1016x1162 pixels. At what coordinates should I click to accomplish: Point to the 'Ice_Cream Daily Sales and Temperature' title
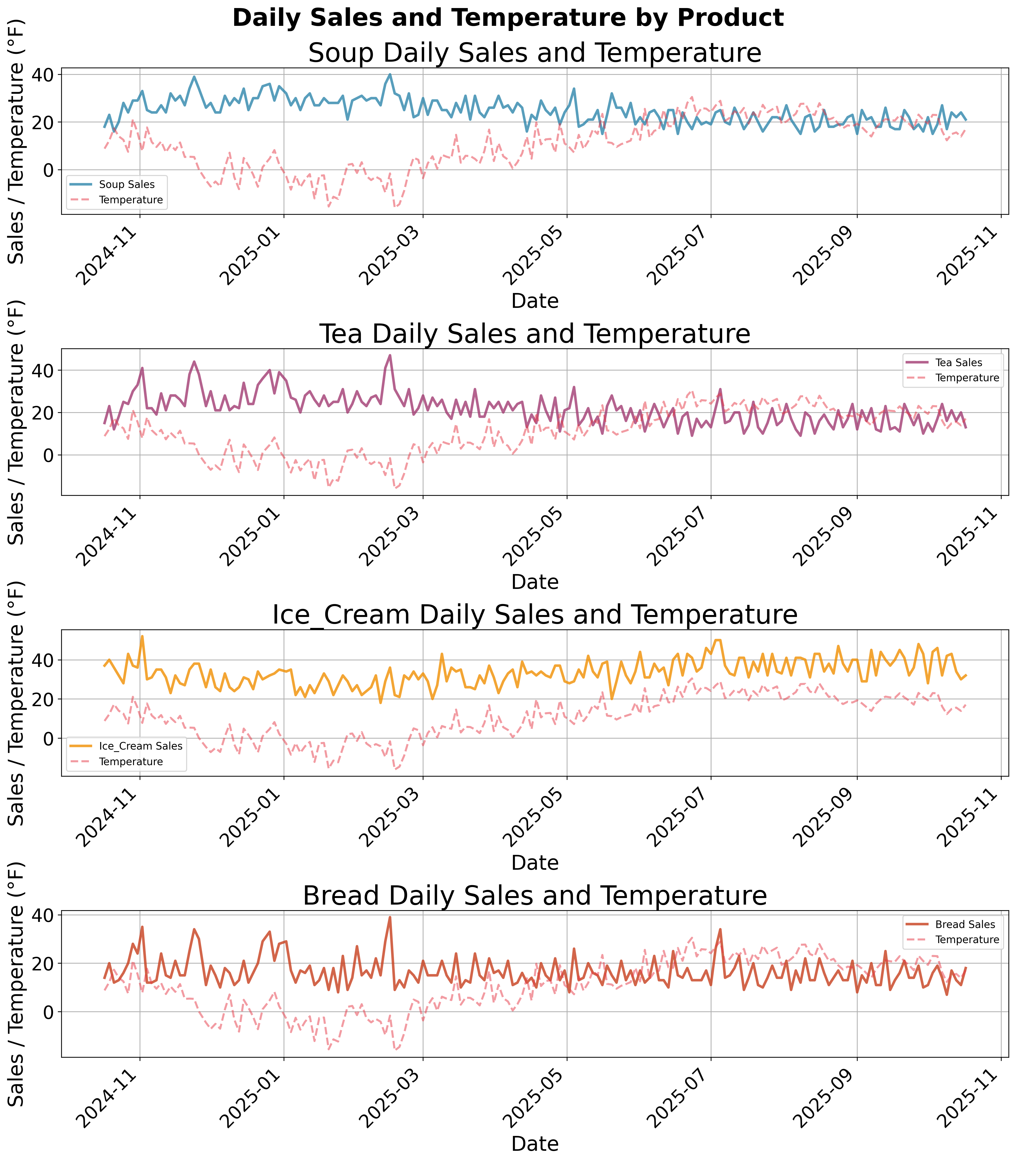point(535,615)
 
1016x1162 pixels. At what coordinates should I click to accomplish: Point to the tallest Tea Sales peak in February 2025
point(390,356)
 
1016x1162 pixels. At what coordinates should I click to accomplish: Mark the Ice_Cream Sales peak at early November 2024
point(142,636)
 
